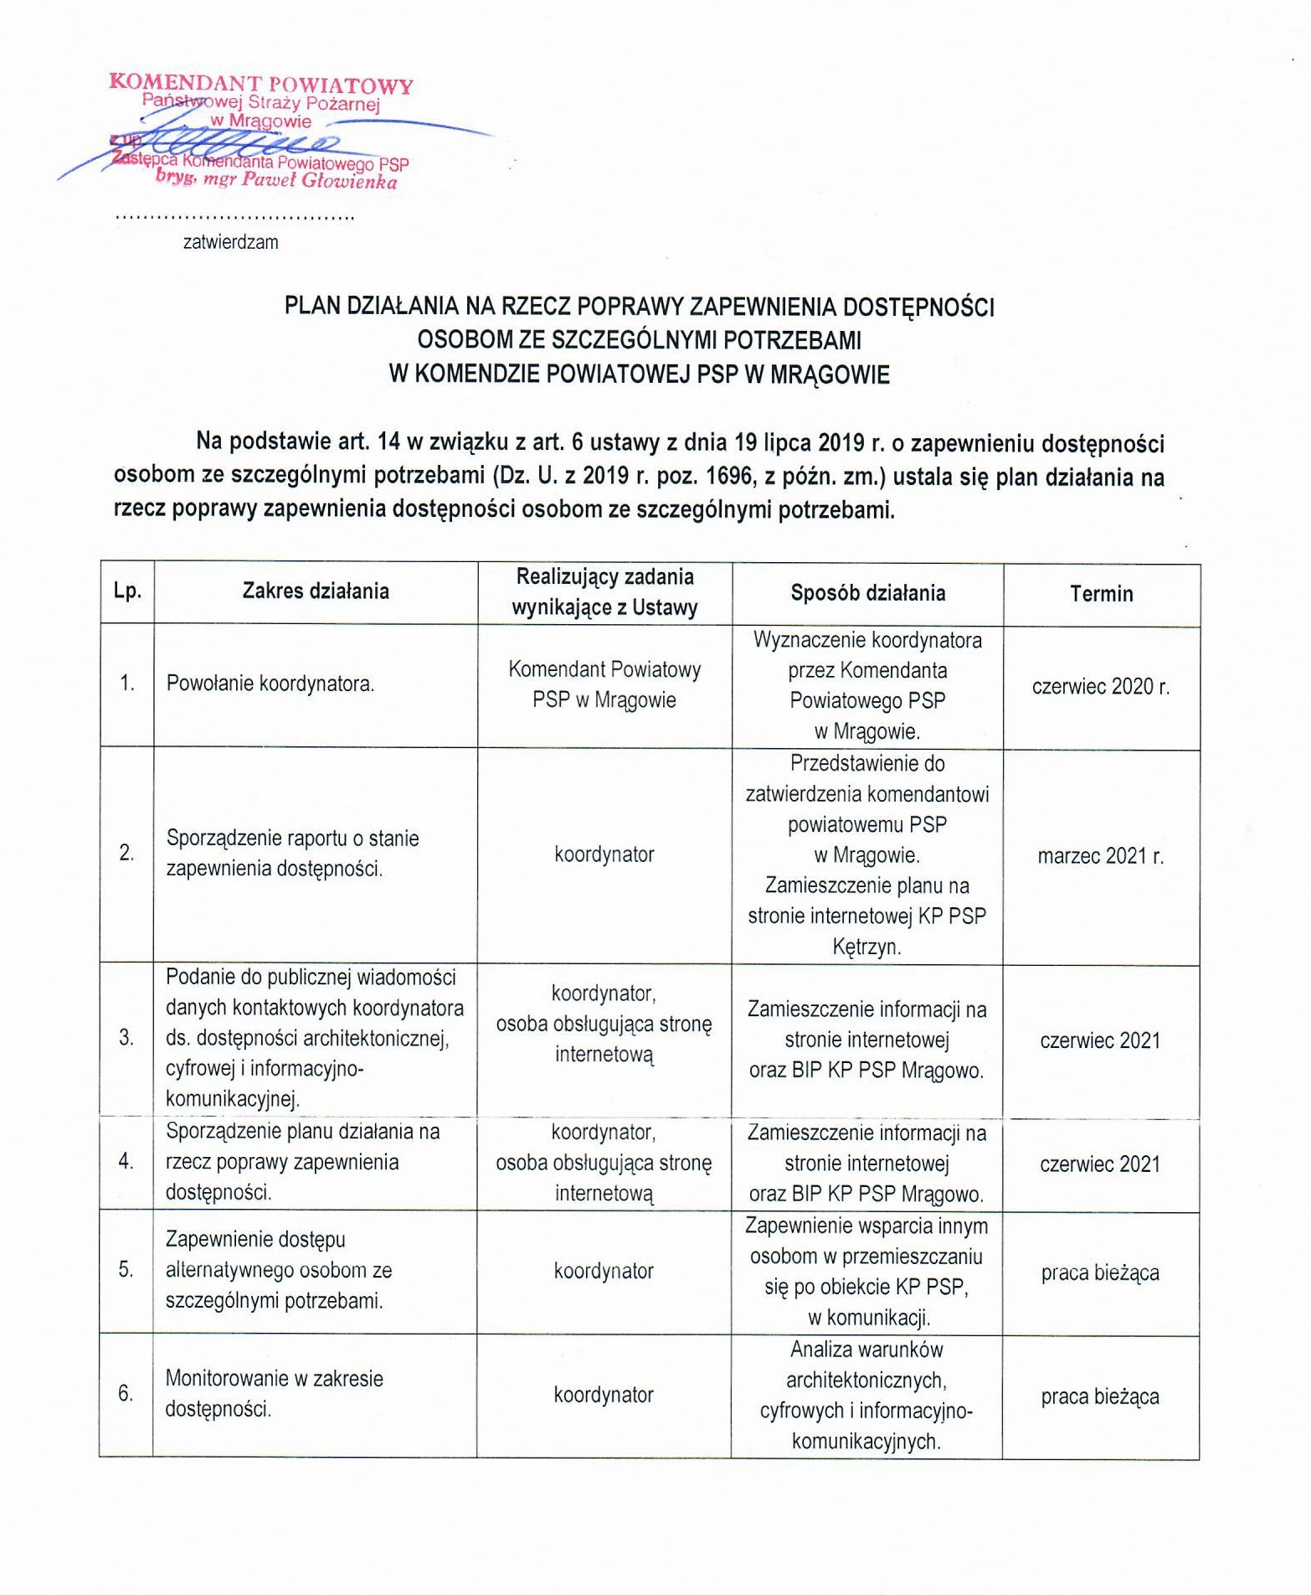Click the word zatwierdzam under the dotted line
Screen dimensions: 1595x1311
coord(230,243)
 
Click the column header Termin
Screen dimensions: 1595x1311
coord(1101,594)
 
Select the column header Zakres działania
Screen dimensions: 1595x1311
coord(316,591)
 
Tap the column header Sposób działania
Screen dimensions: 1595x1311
coord(867,593)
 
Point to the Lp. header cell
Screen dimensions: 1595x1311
coord(127,591)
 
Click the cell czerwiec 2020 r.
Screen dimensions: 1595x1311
coord(1100,687)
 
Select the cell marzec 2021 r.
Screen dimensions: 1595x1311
coord(1100,856)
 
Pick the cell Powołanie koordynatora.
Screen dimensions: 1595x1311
coord(270,684)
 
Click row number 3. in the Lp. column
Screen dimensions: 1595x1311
coord(126,1039)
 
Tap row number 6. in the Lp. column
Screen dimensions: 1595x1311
coord(126,1394)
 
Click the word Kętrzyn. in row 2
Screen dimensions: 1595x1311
coord(866,947)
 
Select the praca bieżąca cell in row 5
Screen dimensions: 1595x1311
coord(1100,1273)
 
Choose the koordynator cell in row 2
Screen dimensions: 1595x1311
coord(604,855)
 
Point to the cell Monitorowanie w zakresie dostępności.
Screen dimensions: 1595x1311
coord(274,1394)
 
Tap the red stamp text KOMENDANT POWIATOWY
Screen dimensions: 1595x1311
coord(261,85)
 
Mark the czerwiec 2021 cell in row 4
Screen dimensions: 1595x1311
coord(1100,1164)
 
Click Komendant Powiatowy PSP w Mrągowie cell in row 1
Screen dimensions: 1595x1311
coord(604,684)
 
